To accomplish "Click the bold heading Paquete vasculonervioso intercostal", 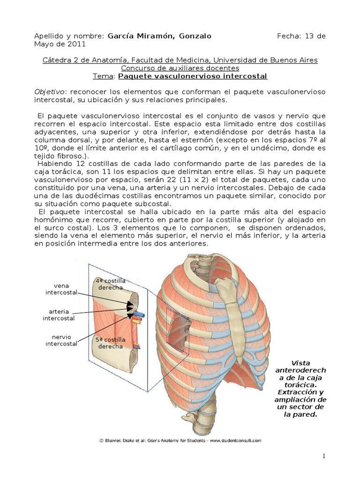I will [x=193, y=76].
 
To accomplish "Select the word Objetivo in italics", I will [x=50, y=91].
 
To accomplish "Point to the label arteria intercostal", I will [x=59, y=315].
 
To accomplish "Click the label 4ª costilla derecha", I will [x=111, y=284].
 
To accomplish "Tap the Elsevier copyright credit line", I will [x=180, y=440].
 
